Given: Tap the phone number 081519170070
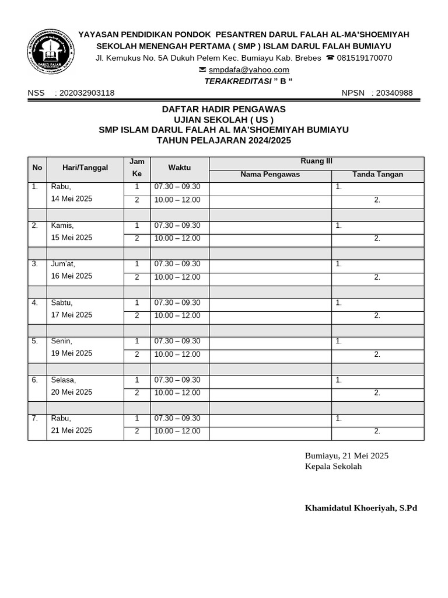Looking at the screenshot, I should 364,58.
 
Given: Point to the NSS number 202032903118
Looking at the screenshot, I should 87,93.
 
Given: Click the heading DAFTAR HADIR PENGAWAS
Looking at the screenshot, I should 223,109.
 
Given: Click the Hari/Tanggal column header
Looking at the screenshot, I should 85,168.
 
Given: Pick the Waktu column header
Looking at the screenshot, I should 180,168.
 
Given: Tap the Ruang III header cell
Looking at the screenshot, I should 317,162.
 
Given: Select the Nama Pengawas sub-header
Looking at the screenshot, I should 270,175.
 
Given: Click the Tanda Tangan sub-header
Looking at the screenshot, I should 377,175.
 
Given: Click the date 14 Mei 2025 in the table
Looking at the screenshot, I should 72,199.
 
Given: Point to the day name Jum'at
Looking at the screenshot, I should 63,264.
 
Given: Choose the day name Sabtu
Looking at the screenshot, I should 62,303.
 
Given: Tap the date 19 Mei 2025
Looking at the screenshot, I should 72,353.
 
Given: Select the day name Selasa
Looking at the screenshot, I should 64,380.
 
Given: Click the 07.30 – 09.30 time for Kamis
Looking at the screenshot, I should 177,225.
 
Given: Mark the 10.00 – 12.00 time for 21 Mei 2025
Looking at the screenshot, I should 177,431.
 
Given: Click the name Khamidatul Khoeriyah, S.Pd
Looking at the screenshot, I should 361,508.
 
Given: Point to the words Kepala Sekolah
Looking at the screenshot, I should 333,466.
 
